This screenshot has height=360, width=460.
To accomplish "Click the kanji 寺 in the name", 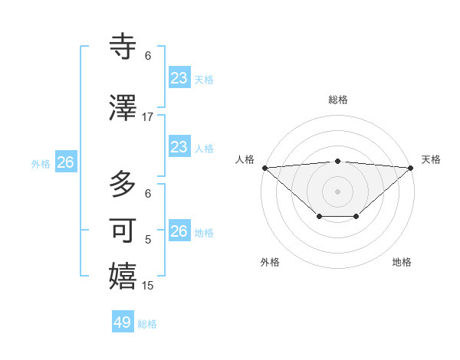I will click(123, 46).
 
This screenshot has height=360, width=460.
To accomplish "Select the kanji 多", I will click(123, 184).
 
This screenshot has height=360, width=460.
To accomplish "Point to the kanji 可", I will click(123, 230).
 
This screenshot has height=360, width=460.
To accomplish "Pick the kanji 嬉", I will click(123, 276).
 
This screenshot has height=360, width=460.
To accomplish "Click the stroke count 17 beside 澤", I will click(148, 116).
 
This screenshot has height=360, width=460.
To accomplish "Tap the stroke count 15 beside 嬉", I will click(148, 286).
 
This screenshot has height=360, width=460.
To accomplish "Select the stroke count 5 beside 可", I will click(148, 240).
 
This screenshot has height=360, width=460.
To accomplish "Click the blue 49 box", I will click(123, 322).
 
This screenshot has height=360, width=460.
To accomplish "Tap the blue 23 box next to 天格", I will click(179, 78).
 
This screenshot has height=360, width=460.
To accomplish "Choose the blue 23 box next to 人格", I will click(179, 147).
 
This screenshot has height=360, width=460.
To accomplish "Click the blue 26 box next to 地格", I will click(179, 231).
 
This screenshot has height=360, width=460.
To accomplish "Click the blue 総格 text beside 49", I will click(147, 324).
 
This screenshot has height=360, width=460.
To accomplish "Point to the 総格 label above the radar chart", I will click(337, 100).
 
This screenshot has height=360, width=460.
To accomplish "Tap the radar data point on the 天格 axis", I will click(412, 168).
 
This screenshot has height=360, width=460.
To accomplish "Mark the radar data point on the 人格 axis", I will click(264, 168).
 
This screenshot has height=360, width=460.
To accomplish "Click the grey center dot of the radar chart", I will click(337, 191).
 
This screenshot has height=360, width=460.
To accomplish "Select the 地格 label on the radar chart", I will click(402, 262).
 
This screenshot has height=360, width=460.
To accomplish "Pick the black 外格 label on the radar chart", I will click(270, 262).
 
